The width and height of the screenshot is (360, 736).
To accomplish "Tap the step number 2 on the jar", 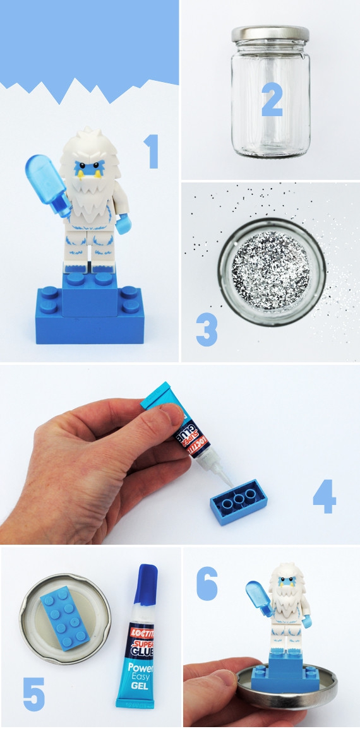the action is [272, 99].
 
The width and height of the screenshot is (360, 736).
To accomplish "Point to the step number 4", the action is [325, 496].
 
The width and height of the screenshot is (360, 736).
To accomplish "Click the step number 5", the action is [34, 694].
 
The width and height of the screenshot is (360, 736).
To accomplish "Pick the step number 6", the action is [207, 583].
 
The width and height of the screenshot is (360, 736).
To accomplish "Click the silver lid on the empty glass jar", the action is [270, 34].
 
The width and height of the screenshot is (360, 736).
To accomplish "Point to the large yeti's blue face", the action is [88, 169].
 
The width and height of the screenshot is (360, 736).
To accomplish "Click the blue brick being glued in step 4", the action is [239, 502].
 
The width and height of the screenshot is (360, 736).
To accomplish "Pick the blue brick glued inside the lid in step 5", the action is [65, 620].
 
